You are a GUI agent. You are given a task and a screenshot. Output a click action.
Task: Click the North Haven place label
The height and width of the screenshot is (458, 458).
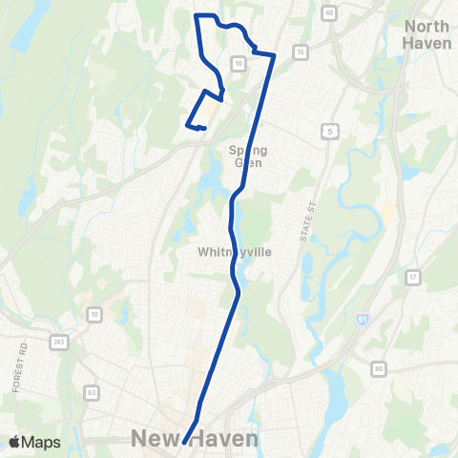427,35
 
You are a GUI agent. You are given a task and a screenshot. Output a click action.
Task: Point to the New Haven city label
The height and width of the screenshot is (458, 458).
195,438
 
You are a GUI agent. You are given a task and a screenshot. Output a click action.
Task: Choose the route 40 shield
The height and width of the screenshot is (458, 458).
329,13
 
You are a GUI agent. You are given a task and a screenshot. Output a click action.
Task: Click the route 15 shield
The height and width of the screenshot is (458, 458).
301,51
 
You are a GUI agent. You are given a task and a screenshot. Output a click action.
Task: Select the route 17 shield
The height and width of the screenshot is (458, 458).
413,278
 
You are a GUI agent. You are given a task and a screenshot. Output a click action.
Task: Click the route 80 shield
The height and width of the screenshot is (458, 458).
380,368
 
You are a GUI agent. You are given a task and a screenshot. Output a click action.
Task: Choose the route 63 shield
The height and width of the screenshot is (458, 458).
92,391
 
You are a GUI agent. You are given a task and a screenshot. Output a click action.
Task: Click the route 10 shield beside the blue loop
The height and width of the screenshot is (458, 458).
239,63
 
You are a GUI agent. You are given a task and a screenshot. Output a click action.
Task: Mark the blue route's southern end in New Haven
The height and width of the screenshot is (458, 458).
183,443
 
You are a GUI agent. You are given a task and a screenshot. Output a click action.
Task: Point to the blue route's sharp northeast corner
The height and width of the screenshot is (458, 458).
275,56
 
